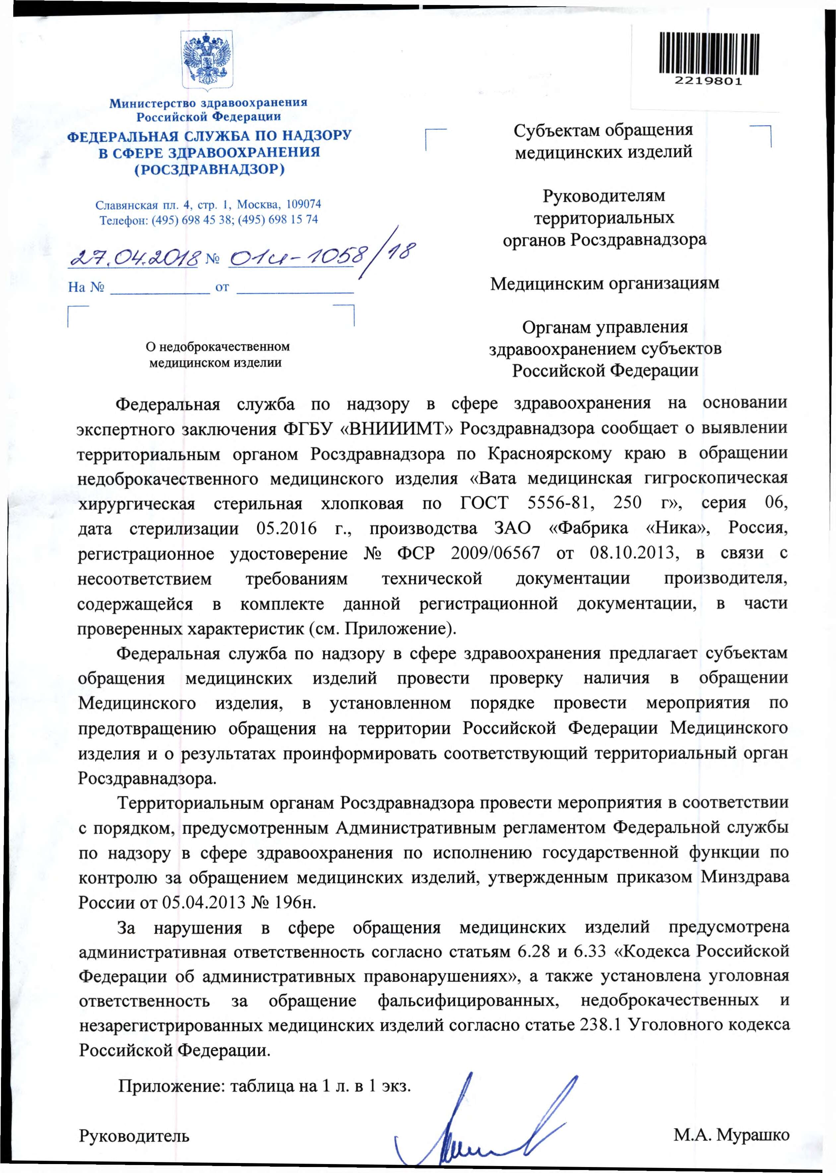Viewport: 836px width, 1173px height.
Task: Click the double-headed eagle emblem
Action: (207, 61)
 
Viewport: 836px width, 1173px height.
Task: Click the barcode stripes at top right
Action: (709, 53)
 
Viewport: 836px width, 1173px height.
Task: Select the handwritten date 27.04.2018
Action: (133, 256)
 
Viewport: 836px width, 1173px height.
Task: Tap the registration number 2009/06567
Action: (495, 553)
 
